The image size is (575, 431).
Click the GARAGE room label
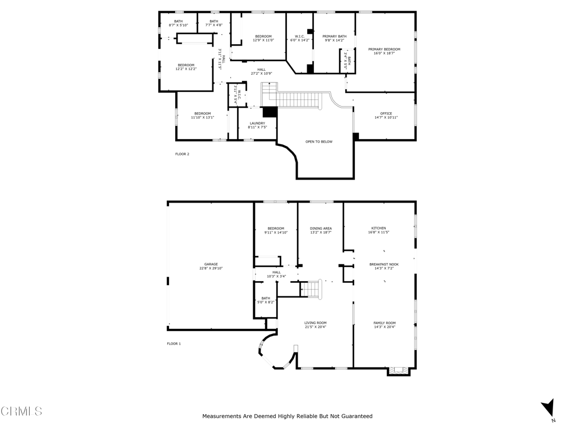211,264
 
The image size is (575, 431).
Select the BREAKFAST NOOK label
384,264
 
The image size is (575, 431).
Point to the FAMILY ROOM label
385,323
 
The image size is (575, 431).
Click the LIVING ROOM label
316,323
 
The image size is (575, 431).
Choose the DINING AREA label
321,228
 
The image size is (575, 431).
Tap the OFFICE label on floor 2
386,113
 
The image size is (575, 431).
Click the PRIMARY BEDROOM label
384,49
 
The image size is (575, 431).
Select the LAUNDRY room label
257,123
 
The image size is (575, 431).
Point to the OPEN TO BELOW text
319,141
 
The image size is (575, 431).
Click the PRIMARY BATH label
334,36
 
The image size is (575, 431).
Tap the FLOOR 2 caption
182,154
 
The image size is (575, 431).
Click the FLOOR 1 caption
174,343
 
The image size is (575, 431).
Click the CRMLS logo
21,411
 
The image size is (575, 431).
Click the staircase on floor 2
298,99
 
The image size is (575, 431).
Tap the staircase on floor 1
311,289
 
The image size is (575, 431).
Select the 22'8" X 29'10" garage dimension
211,269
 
